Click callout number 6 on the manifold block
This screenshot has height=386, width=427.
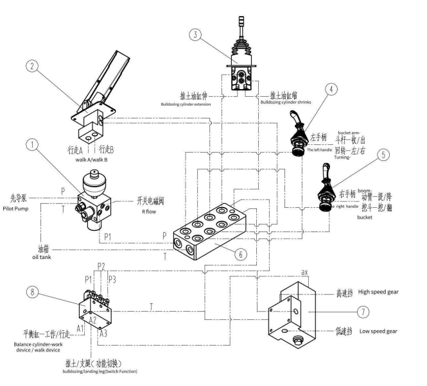tap(238, 254)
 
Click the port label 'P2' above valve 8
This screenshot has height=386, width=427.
tap(101, 266)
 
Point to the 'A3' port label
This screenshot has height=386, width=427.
tap(103, 334)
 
